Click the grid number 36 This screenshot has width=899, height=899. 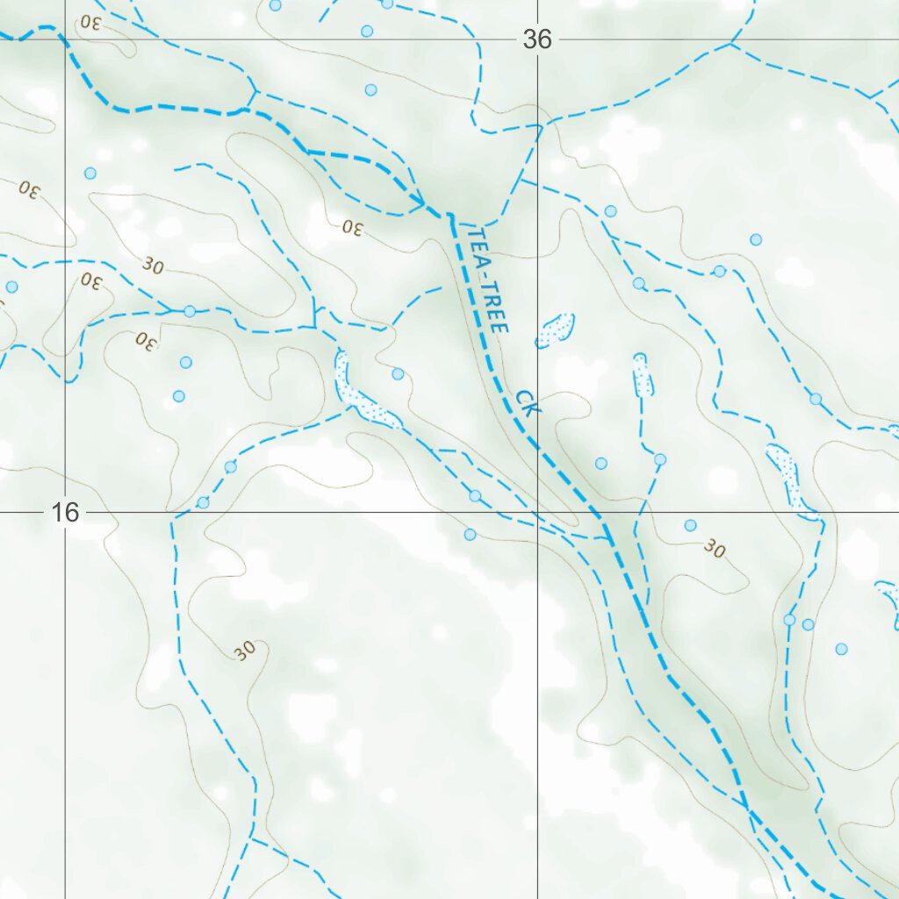point(537,40)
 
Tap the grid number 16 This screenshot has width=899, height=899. point(65,513)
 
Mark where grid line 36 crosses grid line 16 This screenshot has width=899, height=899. point(538,512)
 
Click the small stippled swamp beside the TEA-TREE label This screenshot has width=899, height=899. point(556,330)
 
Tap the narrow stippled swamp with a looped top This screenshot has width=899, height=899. point(644,376)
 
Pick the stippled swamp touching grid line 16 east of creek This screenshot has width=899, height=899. point(784,474)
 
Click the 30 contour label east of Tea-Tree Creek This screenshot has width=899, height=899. point(715,550)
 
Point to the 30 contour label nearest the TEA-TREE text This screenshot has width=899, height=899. point(352,227)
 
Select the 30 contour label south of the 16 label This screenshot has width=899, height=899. point(245,651)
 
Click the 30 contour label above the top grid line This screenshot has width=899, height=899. point(92,21)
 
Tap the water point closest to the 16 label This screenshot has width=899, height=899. point(203,502)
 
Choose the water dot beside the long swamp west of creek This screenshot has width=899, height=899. point(398,374)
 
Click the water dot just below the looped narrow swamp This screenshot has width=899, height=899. point(660,459)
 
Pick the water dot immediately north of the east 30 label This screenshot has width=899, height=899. point(690,525)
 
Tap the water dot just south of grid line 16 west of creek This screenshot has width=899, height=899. point(470,535)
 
